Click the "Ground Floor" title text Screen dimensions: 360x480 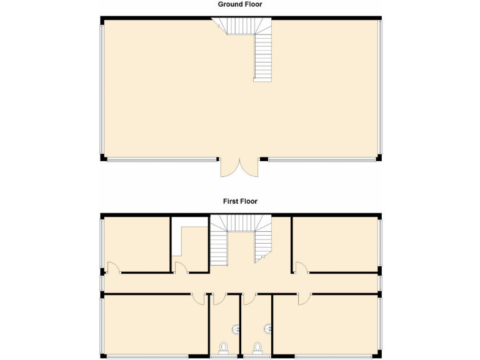point(240,4)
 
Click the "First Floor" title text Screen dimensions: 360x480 point(240,201)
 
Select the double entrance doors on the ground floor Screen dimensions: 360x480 point(239,167)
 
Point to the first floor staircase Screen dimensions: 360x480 point(241,241)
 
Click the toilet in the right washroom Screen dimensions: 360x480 point(257,347)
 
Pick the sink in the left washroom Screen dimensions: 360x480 point(236,328)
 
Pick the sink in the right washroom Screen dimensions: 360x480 point(267,327)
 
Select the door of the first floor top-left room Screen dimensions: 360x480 point(112,268)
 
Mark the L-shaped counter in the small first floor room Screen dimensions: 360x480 point(179,244)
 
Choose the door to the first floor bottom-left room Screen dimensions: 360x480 point(199,299)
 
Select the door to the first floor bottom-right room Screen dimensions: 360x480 point(304,299)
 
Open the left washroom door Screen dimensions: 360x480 point(219,299)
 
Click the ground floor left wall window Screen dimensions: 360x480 point(101,87)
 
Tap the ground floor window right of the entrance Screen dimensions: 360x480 point(322,159)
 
